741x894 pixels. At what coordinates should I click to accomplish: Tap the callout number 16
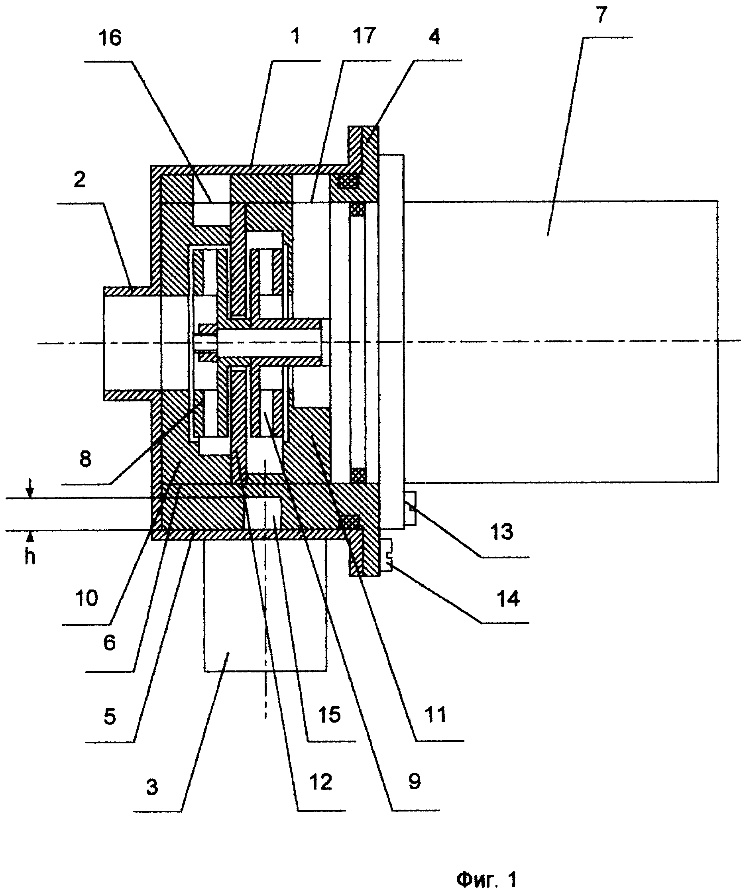110,38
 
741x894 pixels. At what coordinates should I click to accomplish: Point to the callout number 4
434,37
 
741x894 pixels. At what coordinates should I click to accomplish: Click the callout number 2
79,179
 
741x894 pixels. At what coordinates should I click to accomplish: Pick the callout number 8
86,459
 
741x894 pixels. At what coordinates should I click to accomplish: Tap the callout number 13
502,532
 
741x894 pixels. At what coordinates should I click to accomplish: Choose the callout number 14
508,599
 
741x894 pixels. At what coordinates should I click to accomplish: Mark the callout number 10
86,599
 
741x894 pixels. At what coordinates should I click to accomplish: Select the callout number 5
110,717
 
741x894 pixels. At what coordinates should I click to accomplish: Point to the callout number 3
152,788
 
